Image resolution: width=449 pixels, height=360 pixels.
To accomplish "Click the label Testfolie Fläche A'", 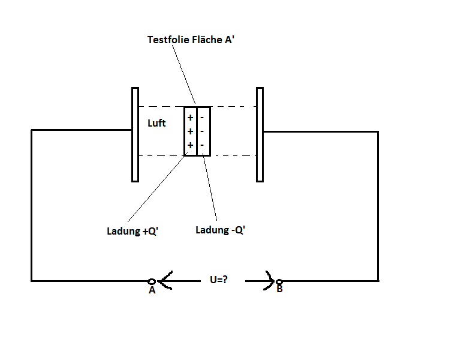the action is (x=191, y=40).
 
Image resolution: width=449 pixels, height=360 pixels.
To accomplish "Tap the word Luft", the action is (x=156, y=123).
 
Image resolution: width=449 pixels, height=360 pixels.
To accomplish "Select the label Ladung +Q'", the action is (x=132, y=231).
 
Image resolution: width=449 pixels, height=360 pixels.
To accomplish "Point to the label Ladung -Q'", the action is (x=220, y=230).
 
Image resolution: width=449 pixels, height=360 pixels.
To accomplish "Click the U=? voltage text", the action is (x=219, y=280).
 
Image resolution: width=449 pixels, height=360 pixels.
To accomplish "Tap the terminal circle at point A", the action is (x=152, y=281).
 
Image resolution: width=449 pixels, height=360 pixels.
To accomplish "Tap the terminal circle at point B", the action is (x=279, y=282).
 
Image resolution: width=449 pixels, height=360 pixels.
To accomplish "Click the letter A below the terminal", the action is (x=152, y=290).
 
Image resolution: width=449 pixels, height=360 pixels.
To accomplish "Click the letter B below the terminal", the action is (x=280, y=289).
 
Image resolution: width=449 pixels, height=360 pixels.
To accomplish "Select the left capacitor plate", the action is (x=135, y=135).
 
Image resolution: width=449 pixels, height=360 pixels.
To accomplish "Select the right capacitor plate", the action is (x=260, y=135).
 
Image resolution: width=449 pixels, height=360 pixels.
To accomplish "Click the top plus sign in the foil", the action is (x=190, y=118).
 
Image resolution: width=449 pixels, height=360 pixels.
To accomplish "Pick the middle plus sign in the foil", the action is (x=190, y=131).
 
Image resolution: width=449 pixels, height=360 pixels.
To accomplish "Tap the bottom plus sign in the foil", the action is (x=190, y=145).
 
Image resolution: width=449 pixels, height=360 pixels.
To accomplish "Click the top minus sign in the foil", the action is (x=202, y=118).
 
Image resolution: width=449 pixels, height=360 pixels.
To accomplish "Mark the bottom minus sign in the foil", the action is (x=202, y=145).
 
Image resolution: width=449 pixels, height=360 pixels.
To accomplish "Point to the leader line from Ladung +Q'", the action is (x=157, y=187).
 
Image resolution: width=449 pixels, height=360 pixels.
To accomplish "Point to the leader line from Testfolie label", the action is (x=184, y=74).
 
